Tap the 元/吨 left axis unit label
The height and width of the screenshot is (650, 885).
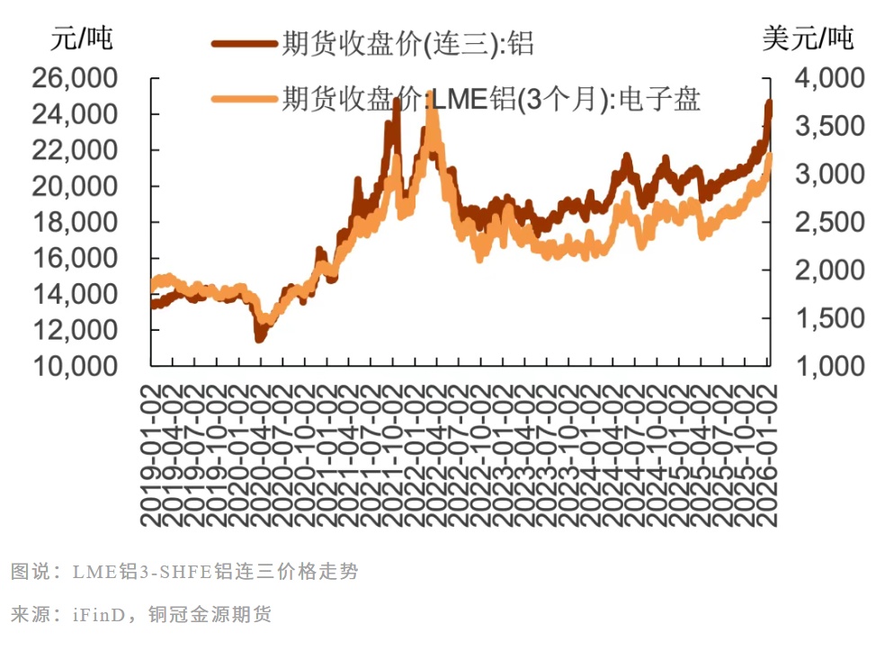pos(83,39)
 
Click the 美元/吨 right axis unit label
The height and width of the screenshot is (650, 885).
pos(809,39)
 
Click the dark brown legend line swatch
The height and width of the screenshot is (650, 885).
pos(245,43)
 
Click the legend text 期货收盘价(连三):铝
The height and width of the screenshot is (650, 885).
pos(407,43)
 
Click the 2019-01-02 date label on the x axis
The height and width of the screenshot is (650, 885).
pos(151,454)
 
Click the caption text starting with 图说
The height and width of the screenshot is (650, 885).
pos(184,572)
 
